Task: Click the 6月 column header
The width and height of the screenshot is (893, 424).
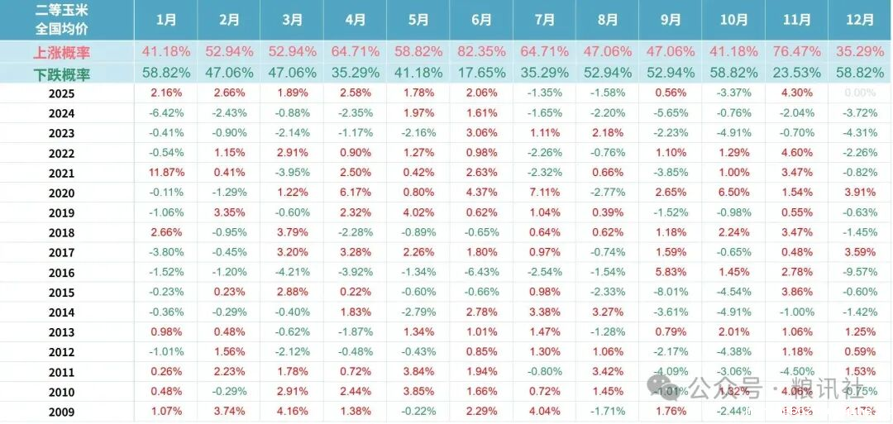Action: point(480,20)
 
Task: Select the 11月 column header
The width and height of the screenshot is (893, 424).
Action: point(796,20)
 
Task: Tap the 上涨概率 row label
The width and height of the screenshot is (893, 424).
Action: point(61,52)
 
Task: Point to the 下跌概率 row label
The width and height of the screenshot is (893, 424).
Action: point(61,72)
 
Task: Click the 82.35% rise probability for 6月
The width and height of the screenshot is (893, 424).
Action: point(480,52)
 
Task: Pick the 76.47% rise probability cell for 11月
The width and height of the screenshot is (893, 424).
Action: point(796,52)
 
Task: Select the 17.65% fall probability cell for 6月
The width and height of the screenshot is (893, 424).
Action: point(480,72)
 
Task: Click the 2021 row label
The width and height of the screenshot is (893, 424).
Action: point(61,174)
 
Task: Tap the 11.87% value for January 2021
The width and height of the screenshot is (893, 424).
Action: point(166,173)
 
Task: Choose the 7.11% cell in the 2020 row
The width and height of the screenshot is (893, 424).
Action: point(544,193)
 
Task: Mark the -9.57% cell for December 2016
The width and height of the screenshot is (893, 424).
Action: point(860,272)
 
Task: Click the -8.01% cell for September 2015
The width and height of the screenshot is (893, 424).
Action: point(670,292)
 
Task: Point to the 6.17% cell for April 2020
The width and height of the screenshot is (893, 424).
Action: point(355,193)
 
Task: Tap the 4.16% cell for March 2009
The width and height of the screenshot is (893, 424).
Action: point(292,412)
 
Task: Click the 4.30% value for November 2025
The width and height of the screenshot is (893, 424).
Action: point(796,93)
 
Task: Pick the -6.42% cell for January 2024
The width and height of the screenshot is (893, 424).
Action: point(166,113)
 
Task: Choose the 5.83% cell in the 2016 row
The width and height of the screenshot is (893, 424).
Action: point(670,272)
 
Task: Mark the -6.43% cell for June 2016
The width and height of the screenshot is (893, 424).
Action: point(480,272)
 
